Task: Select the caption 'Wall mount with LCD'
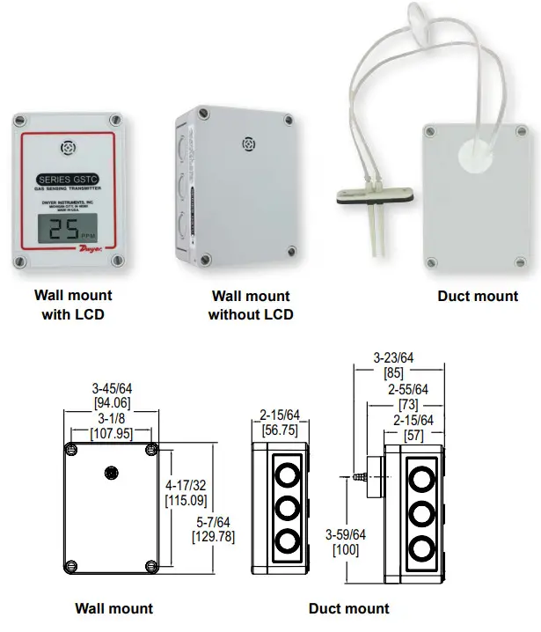73,304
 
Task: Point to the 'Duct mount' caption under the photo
478,297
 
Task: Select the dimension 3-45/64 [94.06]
113,395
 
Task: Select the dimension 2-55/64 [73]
409,396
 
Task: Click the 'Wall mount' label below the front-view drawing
113,608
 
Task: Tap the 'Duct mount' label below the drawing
348,608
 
